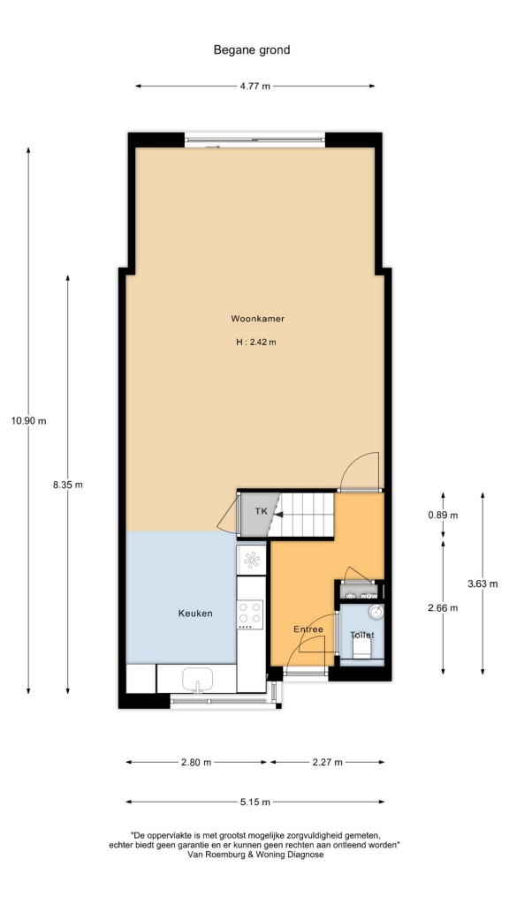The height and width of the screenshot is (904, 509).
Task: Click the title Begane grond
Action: tap(252, 50)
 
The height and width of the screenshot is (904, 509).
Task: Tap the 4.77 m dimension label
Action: tap(254, 87)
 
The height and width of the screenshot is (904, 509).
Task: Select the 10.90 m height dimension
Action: tap(29, 421)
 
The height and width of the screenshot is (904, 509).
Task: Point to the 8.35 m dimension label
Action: tap(67, 485)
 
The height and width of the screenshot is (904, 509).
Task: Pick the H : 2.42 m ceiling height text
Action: tap(256, 342)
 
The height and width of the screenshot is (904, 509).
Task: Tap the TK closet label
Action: tap(262, 511)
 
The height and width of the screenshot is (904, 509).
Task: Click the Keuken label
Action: tap(195, 614)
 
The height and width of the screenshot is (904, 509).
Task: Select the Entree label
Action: tap(308, 629)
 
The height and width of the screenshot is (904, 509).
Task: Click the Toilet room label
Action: tap(361, 635)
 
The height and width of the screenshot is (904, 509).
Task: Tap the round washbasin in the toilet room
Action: tap(376, 611)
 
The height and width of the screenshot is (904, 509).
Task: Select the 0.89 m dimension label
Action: tap(444, 516)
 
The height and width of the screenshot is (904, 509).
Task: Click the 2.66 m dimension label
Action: tap(444, 607)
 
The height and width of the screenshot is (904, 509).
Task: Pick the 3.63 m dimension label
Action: tap(482, 584)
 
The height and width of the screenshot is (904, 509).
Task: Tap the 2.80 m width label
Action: tap(196, 762)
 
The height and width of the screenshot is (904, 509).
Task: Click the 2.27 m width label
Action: tap(327, 762)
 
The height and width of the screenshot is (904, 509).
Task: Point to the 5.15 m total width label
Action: tap(255, 802)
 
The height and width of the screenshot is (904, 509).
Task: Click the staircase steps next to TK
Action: tap(302, 515)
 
